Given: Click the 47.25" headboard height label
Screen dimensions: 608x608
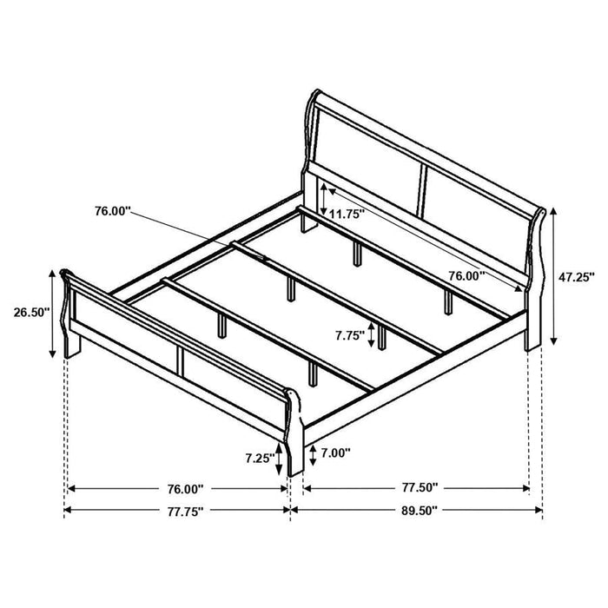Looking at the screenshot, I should [x=574, y=277].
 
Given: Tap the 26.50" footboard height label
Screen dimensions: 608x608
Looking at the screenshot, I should [x=31, y=312].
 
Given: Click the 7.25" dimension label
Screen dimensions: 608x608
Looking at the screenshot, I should [x=260, y=457].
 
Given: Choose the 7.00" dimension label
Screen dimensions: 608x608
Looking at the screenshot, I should [x=336, y=453].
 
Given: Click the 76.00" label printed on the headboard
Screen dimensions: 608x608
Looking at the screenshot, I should [x=466, y=276].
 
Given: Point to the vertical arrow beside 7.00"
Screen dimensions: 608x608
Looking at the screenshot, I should [x=310, y=453].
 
